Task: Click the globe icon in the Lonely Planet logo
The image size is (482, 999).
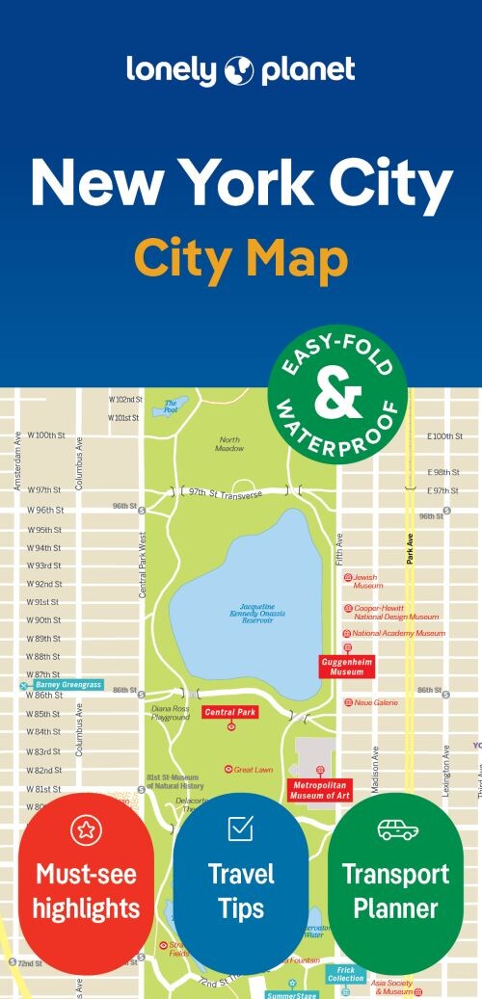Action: tap(237, 70)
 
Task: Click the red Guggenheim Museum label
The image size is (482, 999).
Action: tap(347, 667)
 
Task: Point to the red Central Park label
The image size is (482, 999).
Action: tap(230, 712)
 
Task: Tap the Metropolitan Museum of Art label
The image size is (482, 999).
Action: tap(319, 791)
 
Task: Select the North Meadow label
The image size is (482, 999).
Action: tap(229, 444)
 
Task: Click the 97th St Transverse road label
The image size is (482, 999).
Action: tap(227, 493)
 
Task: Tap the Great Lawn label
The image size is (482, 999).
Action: tap(254, 769)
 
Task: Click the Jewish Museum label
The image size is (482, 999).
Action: tap(367, 581)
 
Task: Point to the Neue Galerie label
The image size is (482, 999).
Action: tap(376, 703)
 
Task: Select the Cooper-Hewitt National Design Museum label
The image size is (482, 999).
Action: tap(395, 613)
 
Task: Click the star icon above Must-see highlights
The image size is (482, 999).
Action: tap(86, 829)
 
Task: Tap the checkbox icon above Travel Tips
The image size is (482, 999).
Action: tap(240, 828)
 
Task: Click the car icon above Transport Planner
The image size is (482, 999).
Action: tap(396, 828)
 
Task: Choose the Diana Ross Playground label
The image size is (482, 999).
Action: tap(170, 713)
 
